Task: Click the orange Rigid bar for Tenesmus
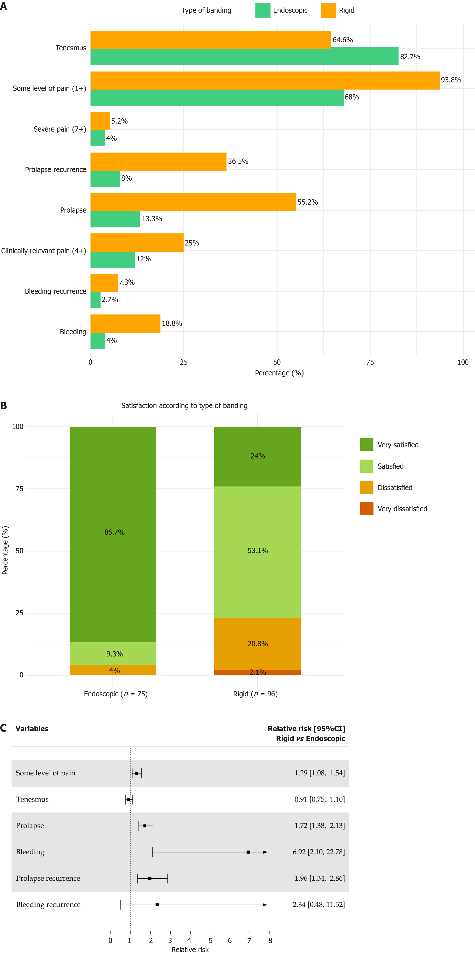(211, 40)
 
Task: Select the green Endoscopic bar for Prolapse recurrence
(105, 178)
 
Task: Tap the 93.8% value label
(451, 80)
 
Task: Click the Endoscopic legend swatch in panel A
(263, 10)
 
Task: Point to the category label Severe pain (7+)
(60, 129)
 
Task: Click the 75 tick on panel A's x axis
(370, 362)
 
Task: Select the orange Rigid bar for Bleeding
(125, 323)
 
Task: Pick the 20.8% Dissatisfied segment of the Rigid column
(257, 644)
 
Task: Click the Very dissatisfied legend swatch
(366, 508)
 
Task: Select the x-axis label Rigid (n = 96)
(255, 694)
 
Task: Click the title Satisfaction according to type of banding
(184, 405)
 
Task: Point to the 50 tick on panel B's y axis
(19, 551)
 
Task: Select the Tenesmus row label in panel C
(32, 799)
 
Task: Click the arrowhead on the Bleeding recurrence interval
(265, 905)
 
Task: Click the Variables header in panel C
(32, 728)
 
